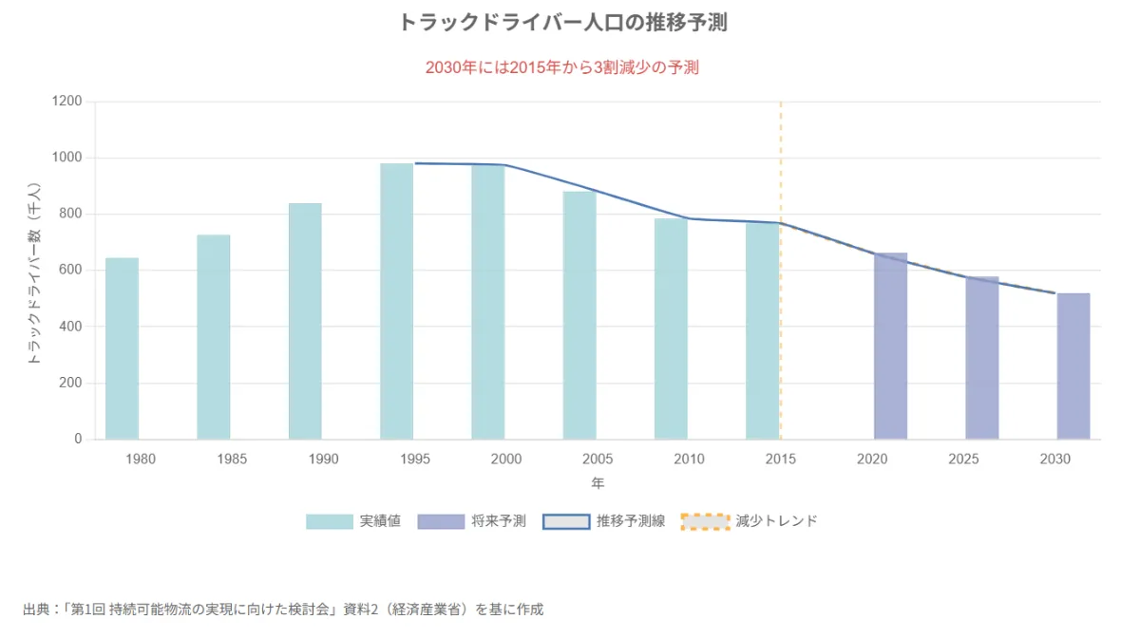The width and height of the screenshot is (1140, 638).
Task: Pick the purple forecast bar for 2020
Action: pyautogui.click(x=890, y=346)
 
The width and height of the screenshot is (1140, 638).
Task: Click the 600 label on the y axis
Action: pyautogui.click(x=71, y=271)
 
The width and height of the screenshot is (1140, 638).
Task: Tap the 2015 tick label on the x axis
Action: pyautogui.click(x=780, y=460)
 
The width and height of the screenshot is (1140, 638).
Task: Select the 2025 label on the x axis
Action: pyautogui.click(x=963, y=460)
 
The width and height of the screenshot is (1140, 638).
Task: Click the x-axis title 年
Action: pyautogui.click(x=598, y=483)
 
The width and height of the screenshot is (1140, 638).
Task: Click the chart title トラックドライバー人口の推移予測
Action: pyautogui.click(x=562, y=23)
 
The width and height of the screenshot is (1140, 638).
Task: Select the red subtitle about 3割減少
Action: pyautogui.click(x=562, y=68)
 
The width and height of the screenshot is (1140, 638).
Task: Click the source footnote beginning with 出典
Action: pyautogui.click(x=283, y=609)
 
